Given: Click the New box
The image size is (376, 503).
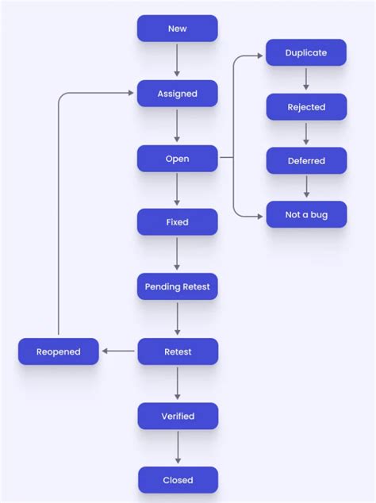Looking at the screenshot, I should (x=177, y=29).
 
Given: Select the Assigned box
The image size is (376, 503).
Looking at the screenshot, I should (x=177, y=94).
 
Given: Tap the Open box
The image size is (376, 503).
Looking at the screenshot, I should (x=177, y=159).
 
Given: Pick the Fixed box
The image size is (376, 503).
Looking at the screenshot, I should (x=177, y=222).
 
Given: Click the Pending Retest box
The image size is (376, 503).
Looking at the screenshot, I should (x=177, y=286).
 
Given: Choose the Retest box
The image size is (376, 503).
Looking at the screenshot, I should (x=177, y=351).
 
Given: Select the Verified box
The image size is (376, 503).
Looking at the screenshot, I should (x=177, y=416).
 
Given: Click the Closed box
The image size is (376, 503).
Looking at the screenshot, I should (x=177, y=480).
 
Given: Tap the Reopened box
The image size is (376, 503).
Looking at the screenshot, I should (x=59, y=351).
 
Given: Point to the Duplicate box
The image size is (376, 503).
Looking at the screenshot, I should (x=306, y=53).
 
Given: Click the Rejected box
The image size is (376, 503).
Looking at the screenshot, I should (x=306, y=107).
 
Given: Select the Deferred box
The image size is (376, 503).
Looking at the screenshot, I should (x=306, y=161).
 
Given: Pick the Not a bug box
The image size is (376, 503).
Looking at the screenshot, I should (x=306, y=215).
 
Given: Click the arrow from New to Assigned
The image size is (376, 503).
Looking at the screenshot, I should (x=177, y=61).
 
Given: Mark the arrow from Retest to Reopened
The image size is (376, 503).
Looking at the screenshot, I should (x=120, y=351).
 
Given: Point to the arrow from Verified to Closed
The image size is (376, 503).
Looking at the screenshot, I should (x=177, y=448).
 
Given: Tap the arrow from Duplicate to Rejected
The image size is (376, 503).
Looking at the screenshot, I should (x=306, y=80).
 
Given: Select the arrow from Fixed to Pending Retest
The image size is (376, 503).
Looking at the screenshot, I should (x=177, y=254).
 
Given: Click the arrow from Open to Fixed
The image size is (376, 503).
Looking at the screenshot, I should (x=177, y=190).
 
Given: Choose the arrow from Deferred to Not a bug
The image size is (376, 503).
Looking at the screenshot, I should (x=306, y=188).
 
